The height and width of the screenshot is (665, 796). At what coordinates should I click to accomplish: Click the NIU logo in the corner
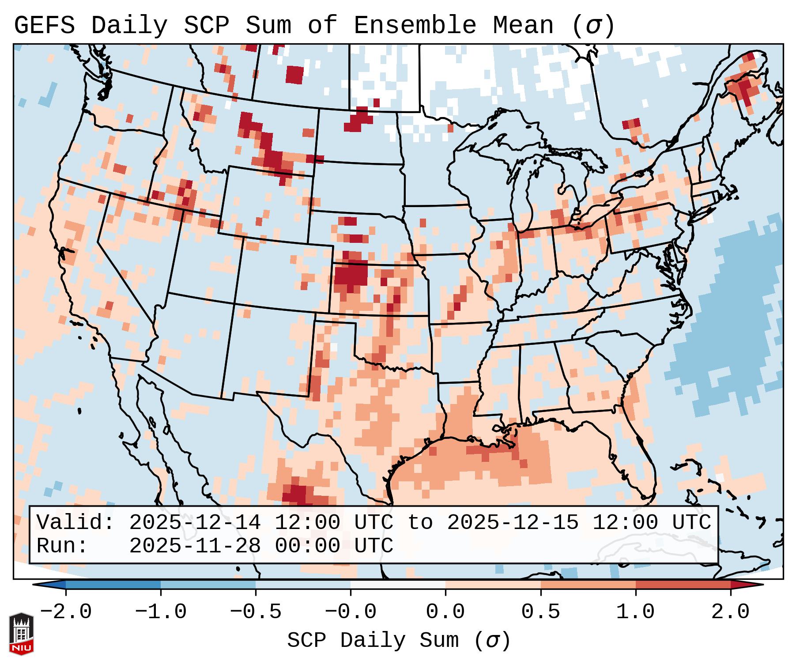(21, 633)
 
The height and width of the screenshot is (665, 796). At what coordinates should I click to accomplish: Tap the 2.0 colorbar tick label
(730, 612)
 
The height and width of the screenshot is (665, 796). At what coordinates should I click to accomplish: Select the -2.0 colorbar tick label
(66, 612)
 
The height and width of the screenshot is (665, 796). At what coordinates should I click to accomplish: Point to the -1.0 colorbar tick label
(161, 612)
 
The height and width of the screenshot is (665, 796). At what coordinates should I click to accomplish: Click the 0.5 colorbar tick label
(540, 612)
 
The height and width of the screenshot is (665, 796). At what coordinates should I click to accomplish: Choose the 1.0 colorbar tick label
(635, 612)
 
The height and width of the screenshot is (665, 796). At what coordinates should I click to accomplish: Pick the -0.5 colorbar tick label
(256, 612)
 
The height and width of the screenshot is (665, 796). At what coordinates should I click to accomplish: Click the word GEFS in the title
(45, 26)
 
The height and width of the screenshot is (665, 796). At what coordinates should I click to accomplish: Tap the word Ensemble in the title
(415, 26)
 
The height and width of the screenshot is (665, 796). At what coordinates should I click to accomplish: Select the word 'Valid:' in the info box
(75, 523)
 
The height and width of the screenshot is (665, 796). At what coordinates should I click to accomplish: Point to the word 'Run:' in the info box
(62, 546)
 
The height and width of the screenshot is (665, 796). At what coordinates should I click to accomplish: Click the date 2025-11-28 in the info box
(195, 546)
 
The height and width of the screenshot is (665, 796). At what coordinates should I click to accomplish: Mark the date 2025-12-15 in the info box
(513, 523)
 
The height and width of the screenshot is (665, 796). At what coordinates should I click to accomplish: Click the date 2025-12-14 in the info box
(195, 523)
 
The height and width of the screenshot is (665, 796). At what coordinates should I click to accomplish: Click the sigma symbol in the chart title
(593, 26)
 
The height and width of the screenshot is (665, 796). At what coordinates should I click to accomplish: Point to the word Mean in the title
(523, 26)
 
